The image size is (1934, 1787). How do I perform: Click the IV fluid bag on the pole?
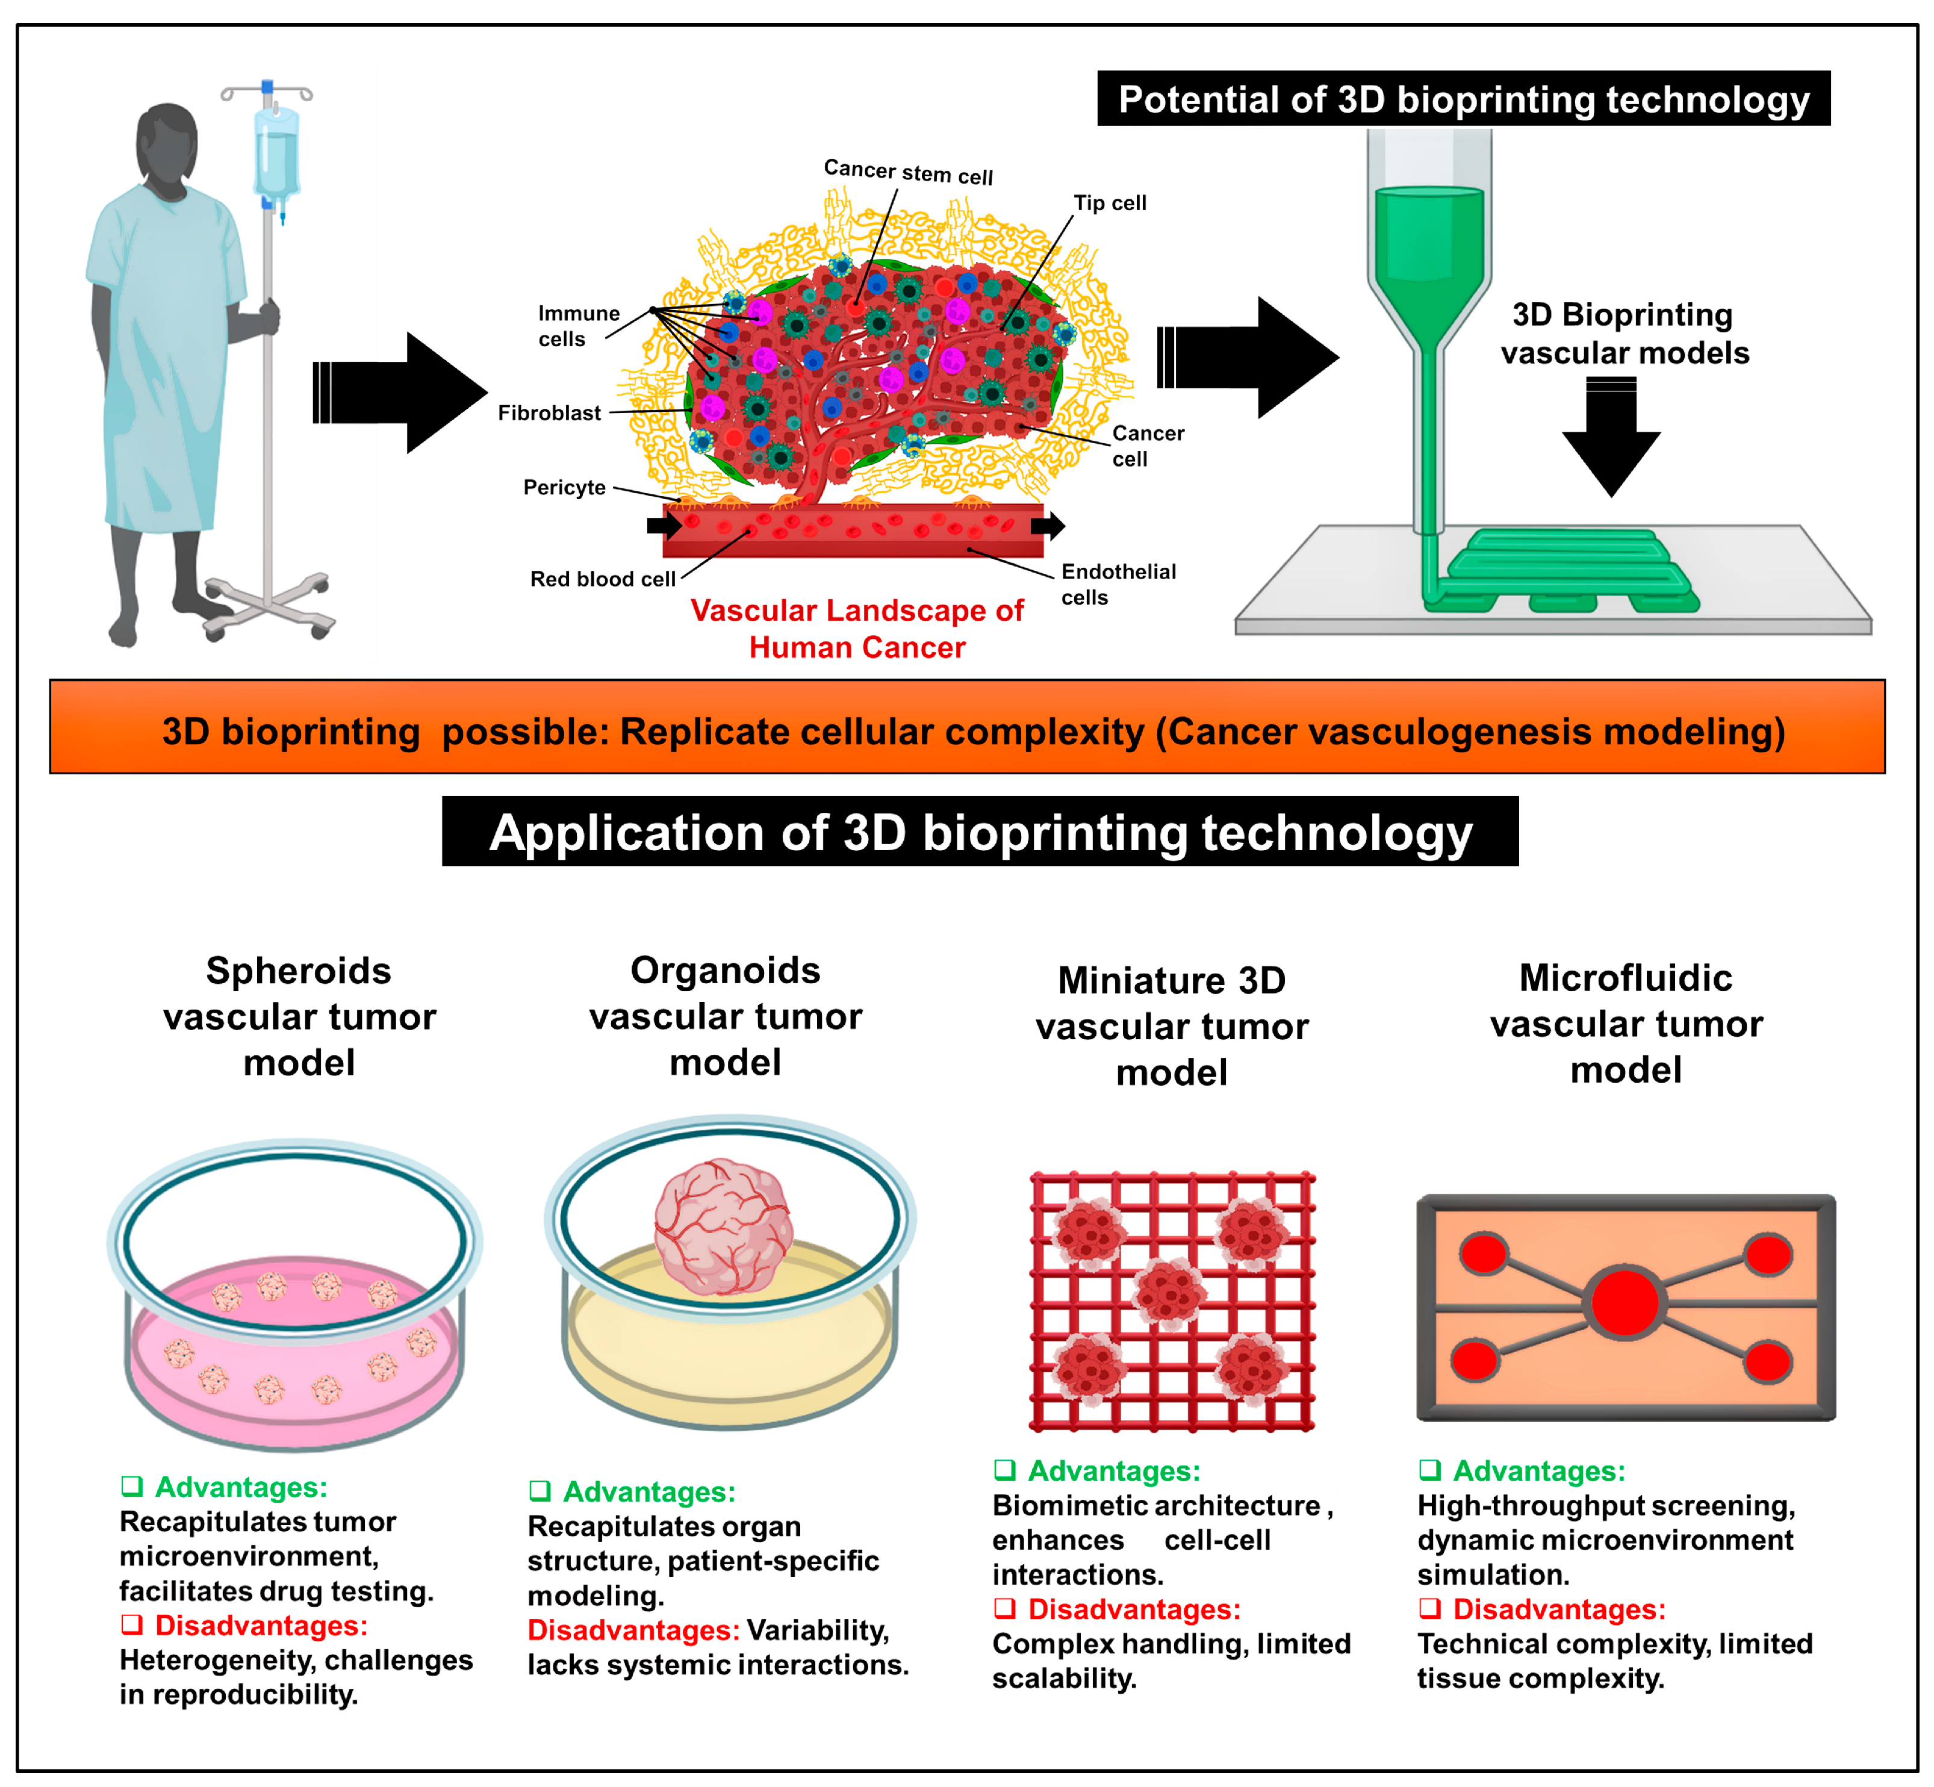pos(276,155)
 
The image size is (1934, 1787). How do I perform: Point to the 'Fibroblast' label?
pos(549,413)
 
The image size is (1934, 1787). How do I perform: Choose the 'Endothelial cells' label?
pos(1118,584)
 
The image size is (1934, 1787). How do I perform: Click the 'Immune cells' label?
pos(577,326)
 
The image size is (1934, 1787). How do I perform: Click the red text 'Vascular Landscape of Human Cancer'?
pos(857,629)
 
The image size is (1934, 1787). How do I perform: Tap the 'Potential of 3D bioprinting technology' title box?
pos(1463,99)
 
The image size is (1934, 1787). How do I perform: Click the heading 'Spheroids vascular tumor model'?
pos(299,1016)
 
